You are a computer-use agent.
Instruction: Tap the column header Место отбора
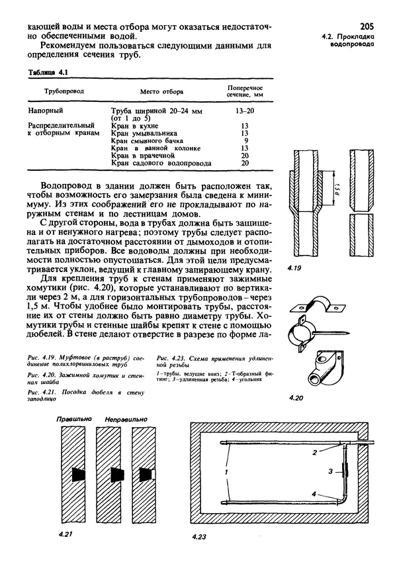161,91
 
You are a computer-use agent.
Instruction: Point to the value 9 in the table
245,140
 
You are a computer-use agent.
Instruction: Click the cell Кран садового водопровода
161,162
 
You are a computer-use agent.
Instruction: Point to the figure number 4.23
198,538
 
